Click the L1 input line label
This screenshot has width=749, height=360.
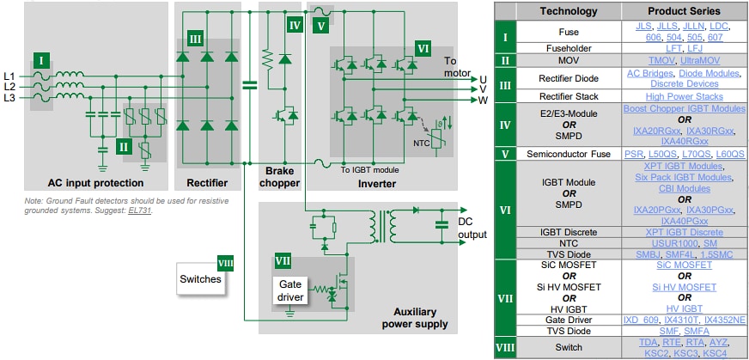click(x=10, y=74)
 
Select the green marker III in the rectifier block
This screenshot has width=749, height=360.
click(x=194, y=40)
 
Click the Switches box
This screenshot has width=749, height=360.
click(x=200, y=279)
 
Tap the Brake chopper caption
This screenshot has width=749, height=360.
click(x=279, y=177)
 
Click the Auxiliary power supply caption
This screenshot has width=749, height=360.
click(x=415, y=318)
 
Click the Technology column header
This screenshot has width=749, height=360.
click(x=568, y=11)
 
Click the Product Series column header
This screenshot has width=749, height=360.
click(x=679, y=11)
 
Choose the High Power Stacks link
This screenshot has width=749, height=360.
click(x=679, y=96)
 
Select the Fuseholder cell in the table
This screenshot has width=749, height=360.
click(x=568, y=48)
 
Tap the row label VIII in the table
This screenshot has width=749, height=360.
click(x=506, y=348)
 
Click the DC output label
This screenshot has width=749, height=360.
click(x=472, y=227)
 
